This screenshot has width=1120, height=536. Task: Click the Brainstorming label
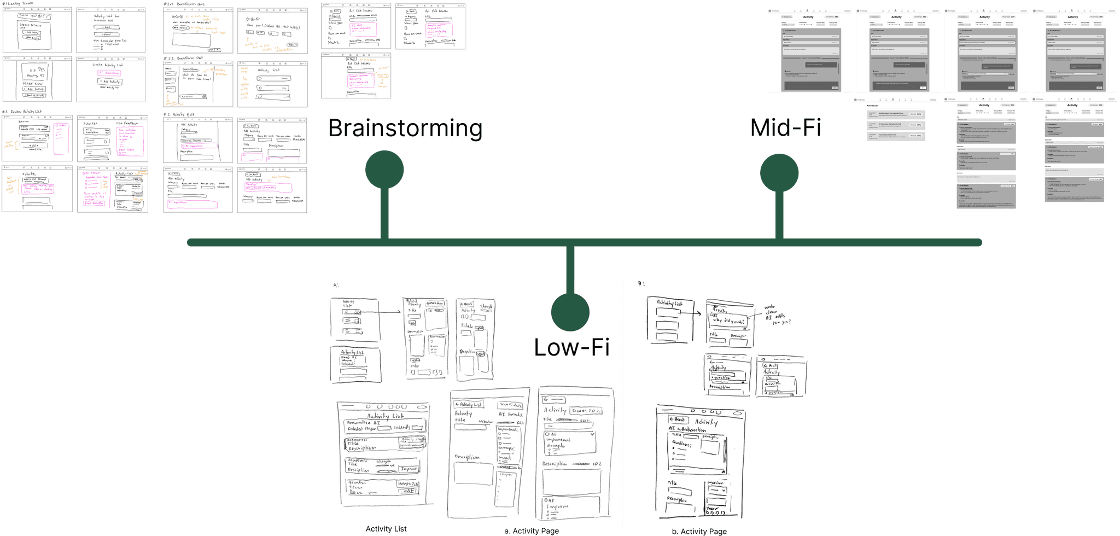(405, 128)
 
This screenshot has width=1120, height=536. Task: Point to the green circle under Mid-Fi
(779, 173)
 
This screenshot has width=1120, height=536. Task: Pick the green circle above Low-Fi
(570, 312)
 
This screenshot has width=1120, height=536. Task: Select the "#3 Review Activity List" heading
(22, 112)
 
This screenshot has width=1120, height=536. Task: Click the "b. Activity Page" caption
(699, 532)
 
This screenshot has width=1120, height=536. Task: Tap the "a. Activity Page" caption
(532, 531)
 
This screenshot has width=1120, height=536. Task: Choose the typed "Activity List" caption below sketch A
(386, 529)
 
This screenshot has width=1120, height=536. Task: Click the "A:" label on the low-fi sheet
(336, 286)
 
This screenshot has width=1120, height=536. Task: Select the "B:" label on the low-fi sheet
(641, 283)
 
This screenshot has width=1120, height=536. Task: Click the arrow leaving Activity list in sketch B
(690, 313)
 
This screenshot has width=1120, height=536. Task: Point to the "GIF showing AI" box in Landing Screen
(36, 74)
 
